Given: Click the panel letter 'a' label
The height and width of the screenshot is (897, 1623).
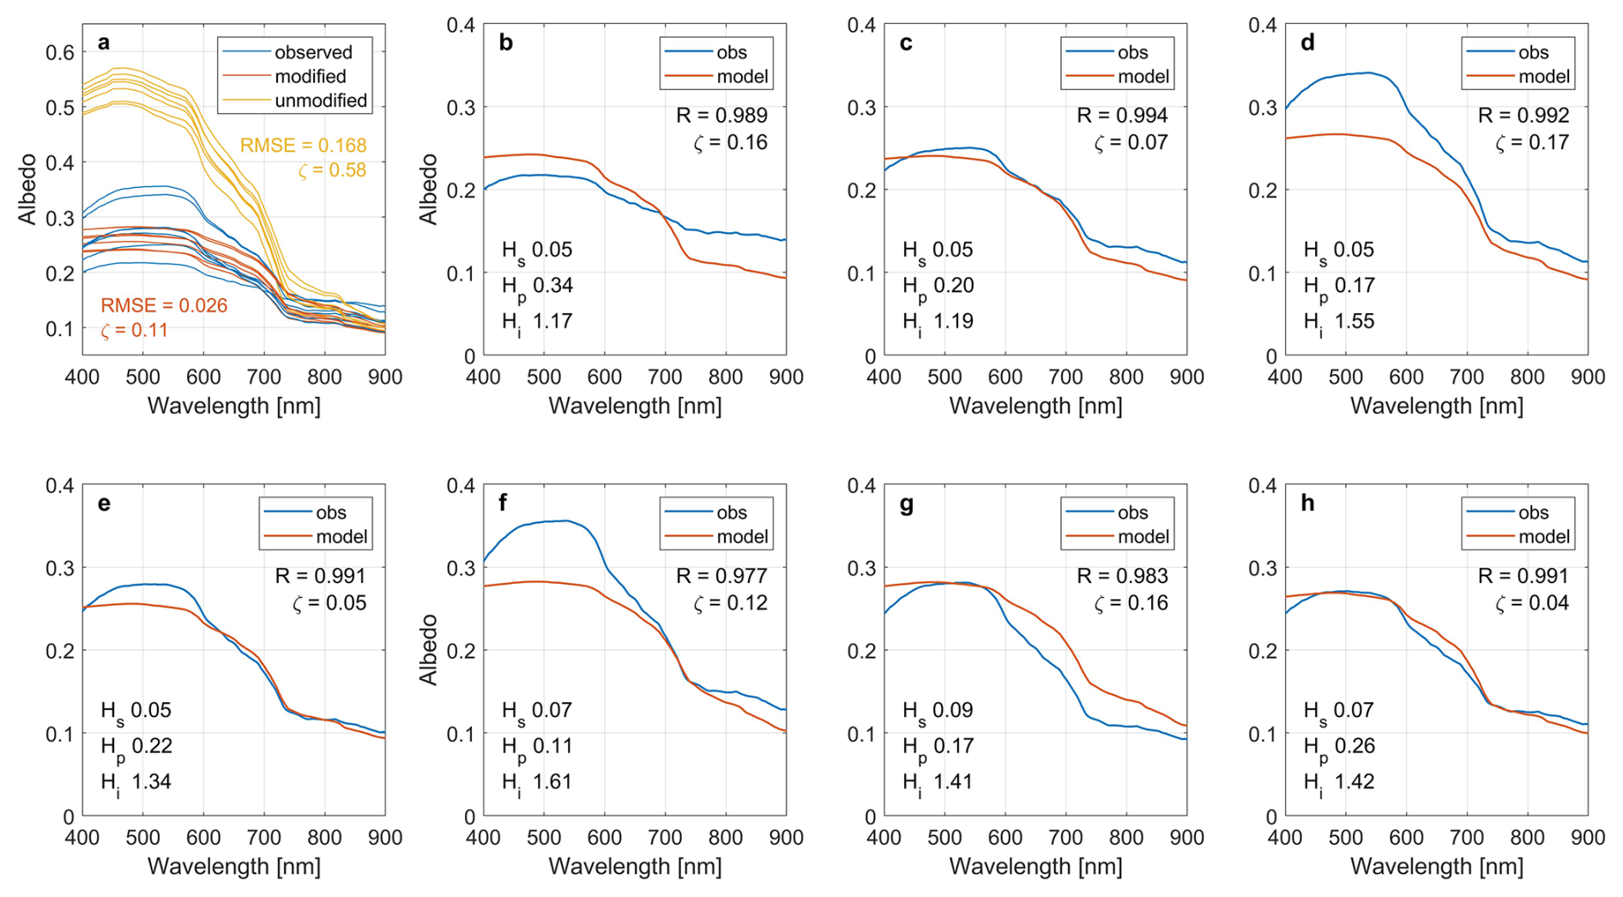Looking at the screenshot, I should pyautogui.click(x=104, y=43).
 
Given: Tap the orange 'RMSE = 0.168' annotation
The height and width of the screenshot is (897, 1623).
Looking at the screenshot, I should pyautogui.click(x=303, y=146).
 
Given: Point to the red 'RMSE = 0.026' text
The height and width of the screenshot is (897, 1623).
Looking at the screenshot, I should pyautogui.click(x=164, y=306).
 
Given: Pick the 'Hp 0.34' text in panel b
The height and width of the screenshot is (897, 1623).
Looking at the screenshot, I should pyautogui.click(x=537, y=286).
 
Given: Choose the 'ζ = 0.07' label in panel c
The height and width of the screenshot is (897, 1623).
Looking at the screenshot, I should pyautogui.click(x=1131, y=142).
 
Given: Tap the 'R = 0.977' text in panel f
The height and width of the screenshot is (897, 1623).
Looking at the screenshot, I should pyautogui.click(x=721, y=576).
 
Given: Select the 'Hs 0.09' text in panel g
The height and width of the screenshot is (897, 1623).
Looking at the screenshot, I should pyautogui.click(x=938, y=710).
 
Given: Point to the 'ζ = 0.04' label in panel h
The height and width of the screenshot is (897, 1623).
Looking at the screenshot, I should pyautogui.click(x=1532, y=604).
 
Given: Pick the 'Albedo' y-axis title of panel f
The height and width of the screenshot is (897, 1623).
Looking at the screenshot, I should pyautogui.click(x=429, y=649).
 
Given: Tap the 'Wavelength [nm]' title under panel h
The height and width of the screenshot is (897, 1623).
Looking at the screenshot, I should pyautogui.click(x=1437, y=866).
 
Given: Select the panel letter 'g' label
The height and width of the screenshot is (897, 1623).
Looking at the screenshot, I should pyautogui.click(x=906, y=503).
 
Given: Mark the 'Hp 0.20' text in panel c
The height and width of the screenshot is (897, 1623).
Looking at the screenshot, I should pyautogui.click(x=938, y=286).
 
